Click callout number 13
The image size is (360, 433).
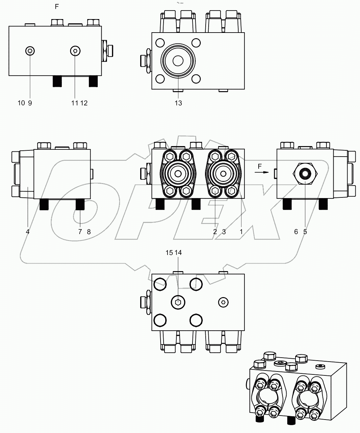[178, 103]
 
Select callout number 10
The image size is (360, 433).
[21, 103]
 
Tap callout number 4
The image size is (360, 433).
[28, 232]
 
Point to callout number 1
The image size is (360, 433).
[241, 232]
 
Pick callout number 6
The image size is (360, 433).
[296, 232]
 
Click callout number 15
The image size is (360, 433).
[169, 253]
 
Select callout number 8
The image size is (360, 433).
[89, 232]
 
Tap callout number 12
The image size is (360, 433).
[84, 103]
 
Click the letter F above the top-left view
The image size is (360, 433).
[57, 7]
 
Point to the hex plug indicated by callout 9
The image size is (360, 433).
[30, 51]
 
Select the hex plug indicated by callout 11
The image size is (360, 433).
[76, 51]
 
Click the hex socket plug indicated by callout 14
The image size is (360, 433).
[178, 301]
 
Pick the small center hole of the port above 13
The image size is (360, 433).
[178, 61]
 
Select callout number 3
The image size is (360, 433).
[224, 232]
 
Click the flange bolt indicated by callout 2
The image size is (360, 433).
[215, 191]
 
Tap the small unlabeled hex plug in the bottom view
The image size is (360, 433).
[223, 302]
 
